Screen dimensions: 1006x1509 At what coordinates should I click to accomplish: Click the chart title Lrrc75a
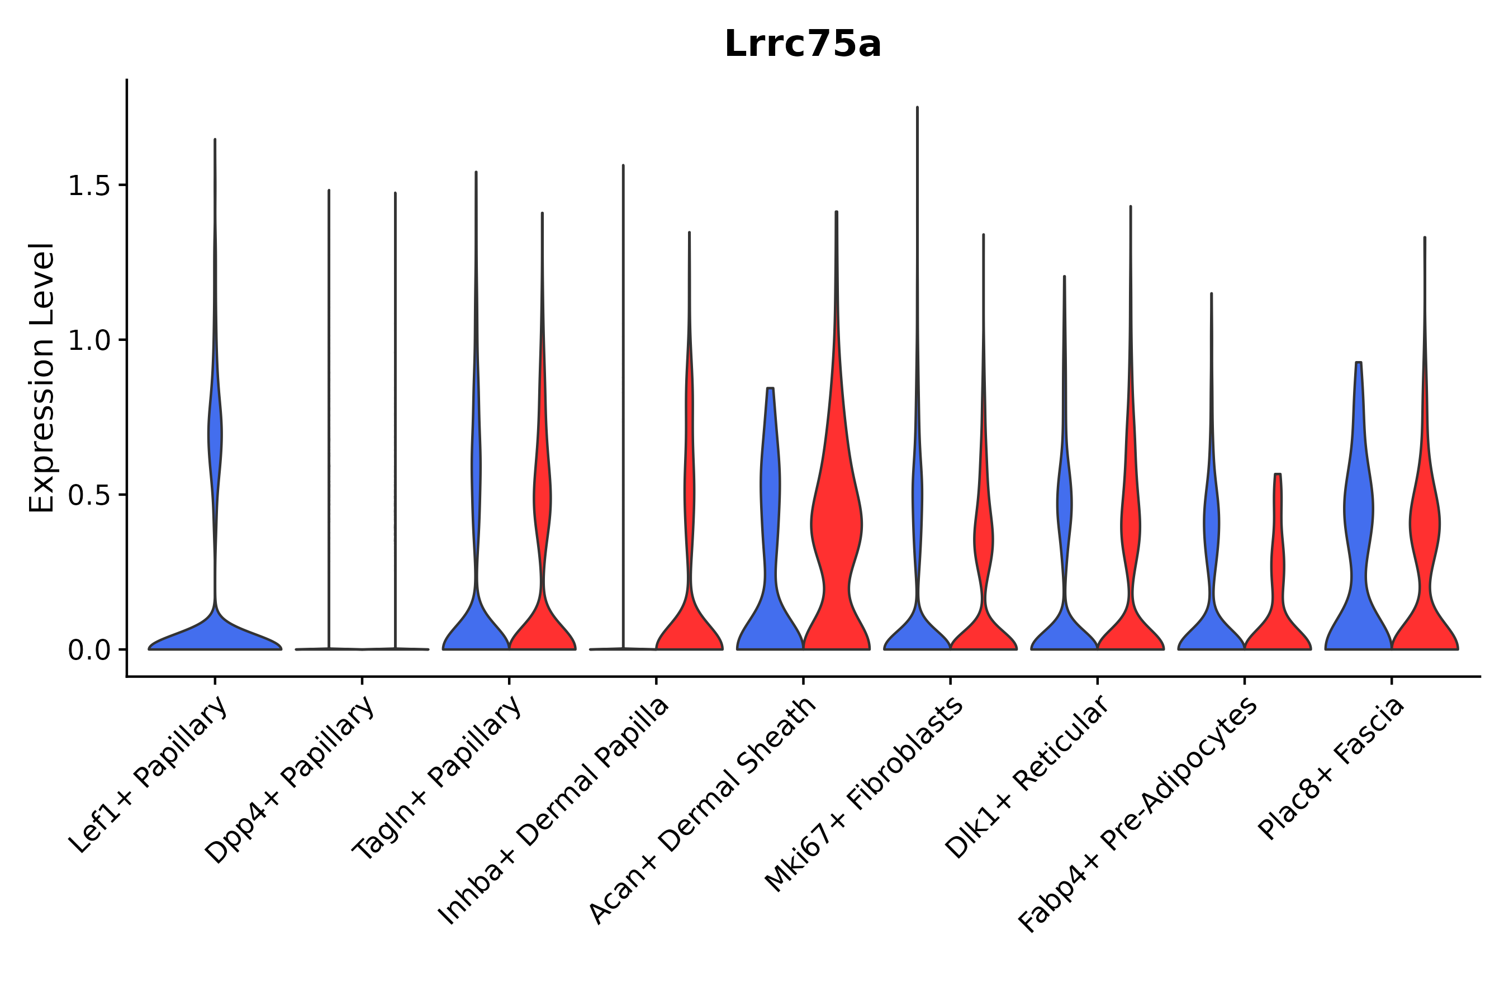point(803,45)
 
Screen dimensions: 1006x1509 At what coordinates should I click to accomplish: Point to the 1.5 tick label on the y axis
point(88,186)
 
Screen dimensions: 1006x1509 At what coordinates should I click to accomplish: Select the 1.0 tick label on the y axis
point(88,341)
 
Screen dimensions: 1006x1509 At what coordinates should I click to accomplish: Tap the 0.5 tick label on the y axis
point(88,495)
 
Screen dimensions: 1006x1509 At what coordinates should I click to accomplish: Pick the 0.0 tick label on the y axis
point(88,651)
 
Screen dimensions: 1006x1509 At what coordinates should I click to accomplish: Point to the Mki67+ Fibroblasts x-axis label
point(863,795)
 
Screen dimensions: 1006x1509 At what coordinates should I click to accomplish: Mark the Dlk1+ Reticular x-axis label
point(1027,777)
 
